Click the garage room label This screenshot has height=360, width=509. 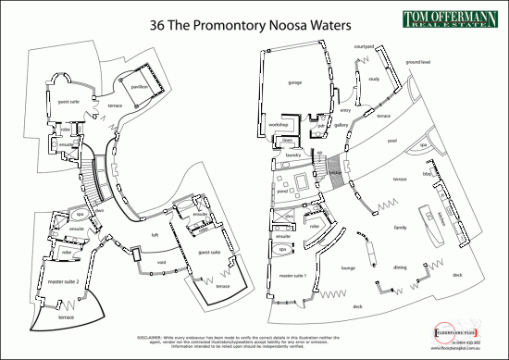[x=295, y=82]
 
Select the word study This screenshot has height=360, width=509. [x=374, y=79]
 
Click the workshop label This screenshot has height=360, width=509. [x=279, y=124]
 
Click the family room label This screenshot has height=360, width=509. [x=401, y=226]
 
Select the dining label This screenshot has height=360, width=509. [x=400, y=267]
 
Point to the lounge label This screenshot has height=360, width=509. [x=348, y=268]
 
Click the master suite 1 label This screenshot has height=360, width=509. [x=292, y=276]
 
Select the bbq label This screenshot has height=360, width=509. [x=428, y=174]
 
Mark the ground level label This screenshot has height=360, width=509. [x=418, y=61]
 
